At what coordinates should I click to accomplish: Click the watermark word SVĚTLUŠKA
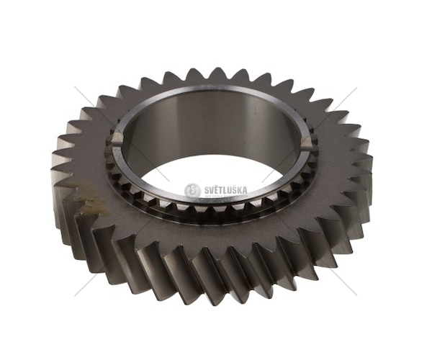[x=226, y=190]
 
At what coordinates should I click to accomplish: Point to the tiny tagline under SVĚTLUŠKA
[x=227, y=196]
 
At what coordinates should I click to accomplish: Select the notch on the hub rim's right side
[x=307, y=143]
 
